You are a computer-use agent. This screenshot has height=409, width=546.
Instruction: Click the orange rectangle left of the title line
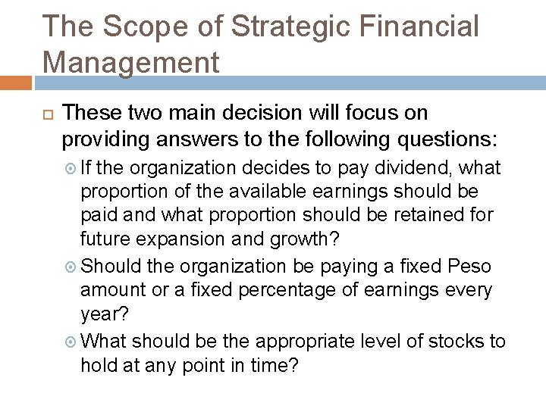[16, 81]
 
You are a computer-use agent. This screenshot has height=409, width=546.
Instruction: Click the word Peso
[470, 267]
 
